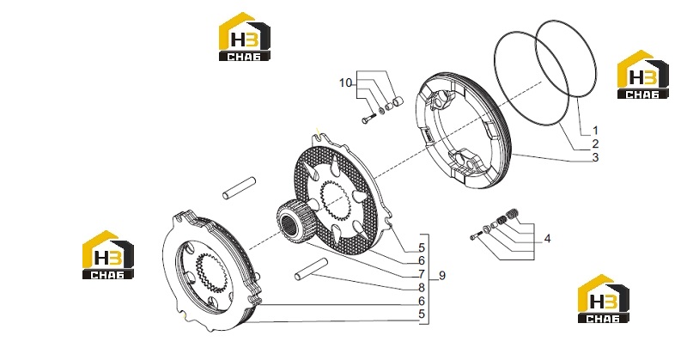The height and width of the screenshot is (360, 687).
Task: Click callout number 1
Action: click(x=595, y=131)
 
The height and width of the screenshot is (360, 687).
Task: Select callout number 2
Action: click(x=595, y=143)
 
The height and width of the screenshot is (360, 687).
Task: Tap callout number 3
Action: click(x=595, y=157)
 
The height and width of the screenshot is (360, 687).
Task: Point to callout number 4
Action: click(x=547, y=239)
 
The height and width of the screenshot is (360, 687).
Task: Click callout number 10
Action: click(x=346, y=82)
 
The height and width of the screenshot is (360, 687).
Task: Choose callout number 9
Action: click(x=442, y=276)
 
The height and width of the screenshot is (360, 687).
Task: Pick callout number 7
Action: click(x=422, y=274)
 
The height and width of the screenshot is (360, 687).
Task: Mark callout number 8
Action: click(x=422, y=288)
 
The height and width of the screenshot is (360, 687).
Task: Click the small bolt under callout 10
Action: click(x=369, y=118)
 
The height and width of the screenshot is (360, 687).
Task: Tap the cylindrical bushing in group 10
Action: click(x=398, y=102)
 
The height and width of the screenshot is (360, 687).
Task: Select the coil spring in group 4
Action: click(x=512, y=215)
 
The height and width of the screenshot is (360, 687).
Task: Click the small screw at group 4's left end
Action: click(x=475, y=237)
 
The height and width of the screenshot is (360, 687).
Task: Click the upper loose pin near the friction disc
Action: click(x=239, y=187)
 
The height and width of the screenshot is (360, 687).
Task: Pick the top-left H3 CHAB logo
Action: click(x=245, y=36)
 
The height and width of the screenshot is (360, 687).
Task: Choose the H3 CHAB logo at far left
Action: click(x=108, y=255)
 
